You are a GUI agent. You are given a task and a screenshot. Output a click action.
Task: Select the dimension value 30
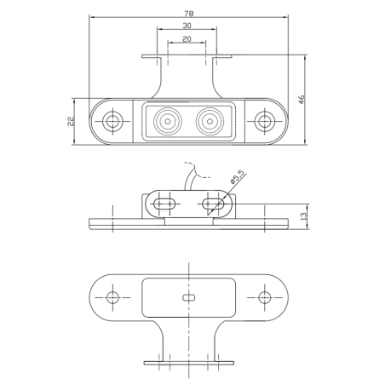pyautogui.click(x=187, y=26)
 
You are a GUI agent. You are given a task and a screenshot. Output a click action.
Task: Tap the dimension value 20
pyautogui.click(x=187, y=40)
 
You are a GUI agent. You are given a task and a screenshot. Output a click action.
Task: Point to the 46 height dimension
pyautogui.click(x=301, y=100)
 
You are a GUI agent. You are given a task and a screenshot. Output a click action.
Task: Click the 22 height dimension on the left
pyautogui.click(x=71, y=121)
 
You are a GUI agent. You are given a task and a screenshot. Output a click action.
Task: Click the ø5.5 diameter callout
pyautogui.click(x=238, y=178)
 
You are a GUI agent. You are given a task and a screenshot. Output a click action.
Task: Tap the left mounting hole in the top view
pyautogui.click(x=111, y=121)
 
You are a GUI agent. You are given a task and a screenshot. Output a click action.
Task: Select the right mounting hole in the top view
pyautogui.click(x=264, y=121)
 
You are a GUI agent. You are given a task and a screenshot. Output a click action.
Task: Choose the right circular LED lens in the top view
pyautogui.click(x=208, y=121)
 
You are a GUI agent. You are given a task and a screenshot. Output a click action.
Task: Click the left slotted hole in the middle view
pyautogui.click(x=165, y=204)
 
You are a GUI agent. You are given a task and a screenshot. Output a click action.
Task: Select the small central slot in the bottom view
pyautogui.click(x=188, y=297)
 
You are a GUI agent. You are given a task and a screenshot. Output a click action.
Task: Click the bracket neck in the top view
pyautogui.click(x=187, y=81)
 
